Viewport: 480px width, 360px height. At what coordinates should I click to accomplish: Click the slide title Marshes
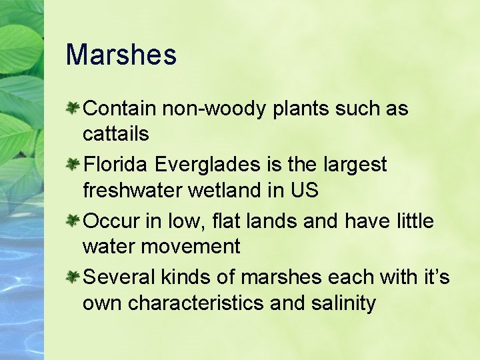[x=121, y=55]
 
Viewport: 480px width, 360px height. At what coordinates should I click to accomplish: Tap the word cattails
[x=115, y=134]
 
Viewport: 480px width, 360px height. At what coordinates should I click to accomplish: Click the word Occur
[x=111, y=221]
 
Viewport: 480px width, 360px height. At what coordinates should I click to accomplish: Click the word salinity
[x=343, y=304]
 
